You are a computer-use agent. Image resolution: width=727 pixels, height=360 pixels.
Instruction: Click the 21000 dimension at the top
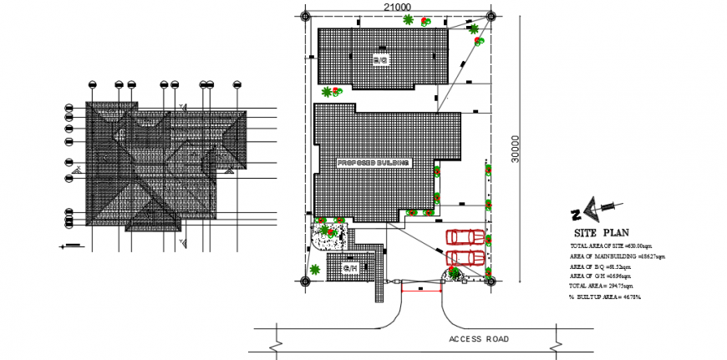399,7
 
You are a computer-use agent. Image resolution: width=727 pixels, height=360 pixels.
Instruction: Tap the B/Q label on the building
380,60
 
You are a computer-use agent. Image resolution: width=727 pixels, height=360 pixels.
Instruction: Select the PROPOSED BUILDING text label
374,162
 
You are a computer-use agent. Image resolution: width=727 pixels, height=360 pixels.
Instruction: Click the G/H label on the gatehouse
351,268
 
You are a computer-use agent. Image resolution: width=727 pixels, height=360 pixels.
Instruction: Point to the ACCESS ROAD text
479,339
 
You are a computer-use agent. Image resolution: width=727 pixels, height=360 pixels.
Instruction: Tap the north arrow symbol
594,208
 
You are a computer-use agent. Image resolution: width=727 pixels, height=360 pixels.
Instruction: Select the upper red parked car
465,238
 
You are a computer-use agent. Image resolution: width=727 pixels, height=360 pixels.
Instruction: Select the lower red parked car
465,256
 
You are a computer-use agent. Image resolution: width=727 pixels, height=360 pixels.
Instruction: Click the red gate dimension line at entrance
421,291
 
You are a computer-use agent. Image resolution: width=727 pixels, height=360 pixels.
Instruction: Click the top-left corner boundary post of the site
307,16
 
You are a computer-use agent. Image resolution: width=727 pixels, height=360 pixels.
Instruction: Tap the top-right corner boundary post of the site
490,16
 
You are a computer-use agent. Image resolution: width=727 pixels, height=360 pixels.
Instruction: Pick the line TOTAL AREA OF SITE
611,248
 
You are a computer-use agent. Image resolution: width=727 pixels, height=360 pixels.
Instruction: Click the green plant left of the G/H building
316,269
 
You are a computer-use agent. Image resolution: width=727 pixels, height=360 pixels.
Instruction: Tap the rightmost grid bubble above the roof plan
236,84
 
